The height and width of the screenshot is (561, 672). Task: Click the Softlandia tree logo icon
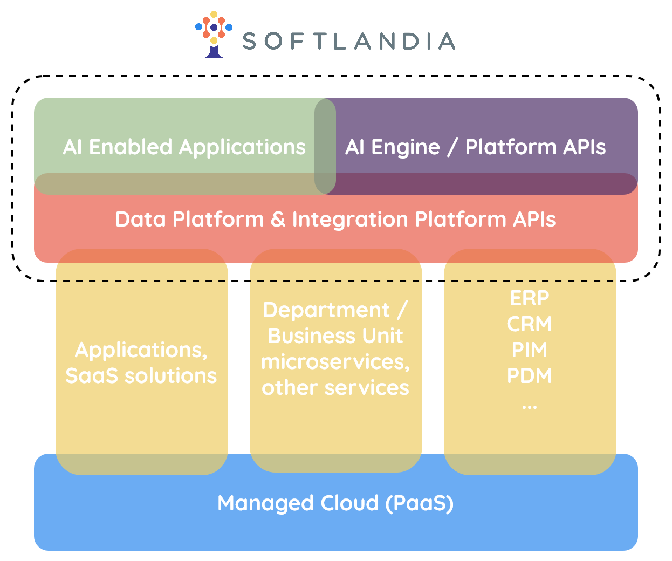coord(214,34)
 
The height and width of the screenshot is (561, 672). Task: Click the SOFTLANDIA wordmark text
coord(348,42)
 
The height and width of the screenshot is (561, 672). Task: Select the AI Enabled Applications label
coord(184,147)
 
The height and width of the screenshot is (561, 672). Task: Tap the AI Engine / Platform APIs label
coord(475,147)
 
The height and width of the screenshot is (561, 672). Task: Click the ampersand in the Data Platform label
coord(278,220)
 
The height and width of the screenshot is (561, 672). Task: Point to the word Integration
coord(349,220)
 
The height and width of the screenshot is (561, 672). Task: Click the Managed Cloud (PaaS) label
coord(335,503)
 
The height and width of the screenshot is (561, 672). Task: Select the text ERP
coord(530,298)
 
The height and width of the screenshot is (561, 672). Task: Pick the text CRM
coord(530,324)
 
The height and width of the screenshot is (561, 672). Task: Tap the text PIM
coord(530,350)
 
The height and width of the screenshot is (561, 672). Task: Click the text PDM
coord(530,375)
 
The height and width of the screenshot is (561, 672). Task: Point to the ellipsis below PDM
coord(530,406)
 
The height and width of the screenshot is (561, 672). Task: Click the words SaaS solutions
coord(141,375)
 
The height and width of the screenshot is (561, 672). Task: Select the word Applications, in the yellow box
coord(141,350)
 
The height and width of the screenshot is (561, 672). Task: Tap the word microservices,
coord(335,361)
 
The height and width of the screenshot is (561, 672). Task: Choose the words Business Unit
coord(335,336)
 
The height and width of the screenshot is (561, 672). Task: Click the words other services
coord(335,387)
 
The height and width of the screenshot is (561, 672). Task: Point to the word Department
coord(326,310)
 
